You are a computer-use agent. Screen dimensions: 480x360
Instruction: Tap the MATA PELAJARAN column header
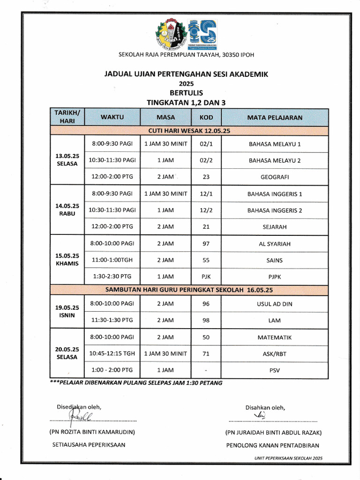[x=275, y=117]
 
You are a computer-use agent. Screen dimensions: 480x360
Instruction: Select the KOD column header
[x=206, y=117]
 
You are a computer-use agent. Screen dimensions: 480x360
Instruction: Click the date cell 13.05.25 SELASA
[x=67, y=160]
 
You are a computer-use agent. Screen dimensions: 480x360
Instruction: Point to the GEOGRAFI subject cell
[x=275, y=177]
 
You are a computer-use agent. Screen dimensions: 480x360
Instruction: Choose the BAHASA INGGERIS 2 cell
[x=275, y=210]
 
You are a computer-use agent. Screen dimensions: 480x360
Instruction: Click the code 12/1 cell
[x=206, y=194]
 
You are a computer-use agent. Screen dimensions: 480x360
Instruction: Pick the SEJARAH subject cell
[x=275, y=227]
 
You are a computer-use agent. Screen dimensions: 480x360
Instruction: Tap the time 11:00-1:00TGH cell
[x=112, y=260]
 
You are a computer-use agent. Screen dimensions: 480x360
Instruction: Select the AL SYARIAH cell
[x=275, y=244]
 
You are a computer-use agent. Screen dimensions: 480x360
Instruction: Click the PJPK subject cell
[x=275, y=277]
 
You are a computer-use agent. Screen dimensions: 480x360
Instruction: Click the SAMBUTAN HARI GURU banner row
[x=189, y=290]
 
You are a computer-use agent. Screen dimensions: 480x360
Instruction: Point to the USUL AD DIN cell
[x=275, y=304]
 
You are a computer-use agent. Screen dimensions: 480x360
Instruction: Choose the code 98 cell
[x=206, y=320]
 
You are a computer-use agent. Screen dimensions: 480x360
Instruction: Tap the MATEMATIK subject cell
[x=275, y=337]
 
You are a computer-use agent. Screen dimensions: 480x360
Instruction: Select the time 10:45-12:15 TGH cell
[x=112, y=354]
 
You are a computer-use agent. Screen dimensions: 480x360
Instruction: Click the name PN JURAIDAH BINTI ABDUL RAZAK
[x=273, y=433]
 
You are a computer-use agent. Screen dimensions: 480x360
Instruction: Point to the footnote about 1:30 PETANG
[x=136, y=382]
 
